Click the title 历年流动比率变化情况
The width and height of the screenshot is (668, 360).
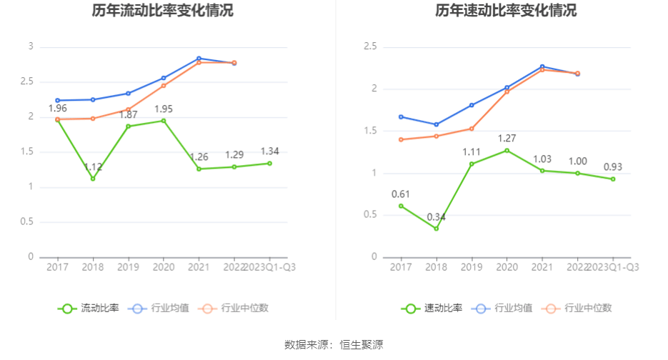pos(162,11)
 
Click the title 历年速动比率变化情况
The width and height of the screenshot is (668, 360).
pos(506,11)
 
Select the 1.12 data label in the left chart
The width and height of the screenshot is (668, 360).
pos(94,167)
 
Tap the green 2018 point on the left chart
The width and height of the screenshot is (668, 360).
pos(93,179)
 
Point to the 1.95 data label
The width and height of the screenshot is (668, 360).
pos(163,109)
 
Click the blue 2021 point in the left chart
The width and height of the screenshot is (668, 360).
pos(199,59)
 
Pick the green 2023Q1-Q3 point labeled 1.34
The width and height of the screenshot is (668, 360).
pos(269,164)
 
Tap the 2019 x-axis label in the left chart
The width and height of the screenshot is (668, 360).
pos(128,266)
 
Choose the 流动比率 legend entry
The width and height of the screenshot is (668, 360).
pos(89,309)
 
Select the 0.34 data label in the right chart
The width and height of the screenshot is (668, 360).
pos(437,217)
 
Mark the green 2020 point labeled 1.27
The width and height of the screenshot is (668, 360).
pos(507,150)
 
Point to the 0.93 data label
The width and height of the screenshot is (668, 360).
pos(612,167)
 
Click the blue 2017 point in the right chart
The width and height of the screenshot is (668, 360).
pos(401,116)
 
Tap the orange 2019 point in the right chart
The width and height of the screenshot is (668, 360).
pos(472,129)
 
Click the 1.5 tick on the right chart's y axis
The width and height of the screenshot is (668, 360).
pos(370,131)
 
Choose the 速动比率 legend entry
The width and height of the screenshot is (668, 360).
pos(432,309)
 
